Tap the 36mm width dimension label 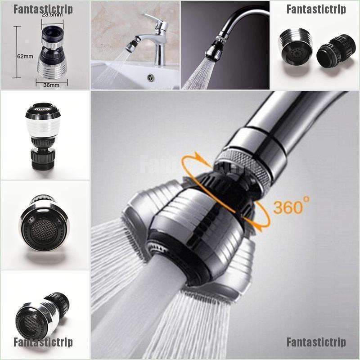[51, 85]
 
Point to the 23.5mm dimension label [52, 15]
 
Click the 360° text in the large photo [291, 207]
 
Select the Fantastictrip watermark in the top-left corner [43, 9]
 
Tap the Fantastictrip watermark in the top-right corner [317, 9]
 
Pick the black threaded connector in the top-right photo [336, 51]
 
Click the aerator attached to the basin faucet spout [130, 46]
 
